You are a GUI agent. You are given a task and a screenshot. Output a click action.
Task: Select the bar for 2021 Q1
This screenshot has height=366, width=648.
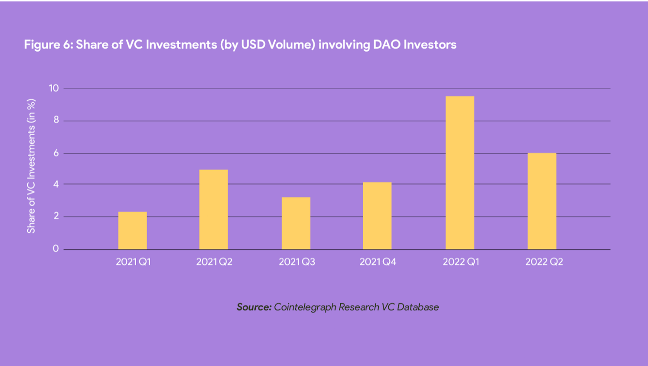[x=132, y=230]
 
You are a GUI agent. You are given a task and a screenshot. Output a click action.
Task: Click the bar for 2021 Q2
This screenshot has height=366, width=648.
[x=214, y=209]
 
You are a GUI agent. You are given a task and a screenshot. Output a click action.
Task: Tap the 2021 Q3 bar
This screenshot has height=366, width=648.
[x=296, y=223]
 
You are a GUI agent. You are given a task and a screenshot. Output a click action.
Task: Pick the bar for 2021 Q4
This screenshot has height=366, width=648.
[x=377, y=215]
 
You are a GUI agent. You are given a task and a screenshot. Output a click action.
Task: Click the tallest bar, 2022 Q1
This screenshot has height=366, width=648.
[x=460, y=172]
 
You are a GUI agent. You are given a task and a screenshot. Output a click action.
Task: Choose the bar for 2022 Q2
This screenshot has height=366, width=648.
[x=542, y=201]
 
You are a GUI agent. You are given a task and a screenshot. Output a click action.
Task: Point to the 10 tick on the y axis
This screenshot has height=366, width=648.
[x=54, y=88]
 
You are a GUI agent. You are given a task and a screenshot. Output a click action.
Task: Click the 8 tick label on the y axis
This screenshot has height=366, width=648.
[x=56, y=120]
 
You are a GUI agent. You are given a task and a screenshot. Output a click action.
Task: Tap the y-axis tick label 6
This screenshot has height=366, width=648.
[x=56, y=153]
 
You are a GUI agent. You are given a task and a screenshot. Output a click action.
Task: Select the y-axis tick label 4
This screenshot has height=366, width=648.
[x=56, y=184]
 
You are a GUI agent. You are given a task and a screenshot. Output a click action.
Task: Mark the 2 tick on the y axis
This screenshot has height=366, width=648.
[x=56, y=216]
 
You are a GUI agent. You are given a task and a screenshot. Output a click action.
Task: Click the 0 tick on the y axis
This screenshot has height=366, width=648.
[x=56, y=249]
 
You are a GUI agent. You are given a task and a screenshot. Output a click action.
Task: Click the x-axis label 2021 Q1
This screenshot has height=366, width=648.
[x=133, y=262]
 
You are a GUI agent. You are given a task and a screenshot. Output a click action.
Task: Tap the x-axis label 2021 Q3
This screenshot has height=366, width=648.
[x=296, y=262]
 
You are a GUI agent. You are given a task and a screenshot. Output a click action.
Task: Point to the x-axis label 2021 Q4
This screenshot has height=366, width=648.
[x=378, y=262]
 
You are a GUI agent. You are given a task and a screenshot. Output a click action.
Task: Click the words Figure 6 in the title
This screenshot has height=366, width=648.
[x=48, y=45]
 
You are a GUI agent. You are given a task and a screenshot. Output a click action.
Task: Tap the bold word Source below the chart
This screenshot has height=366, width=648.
[x=254, y=307]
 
